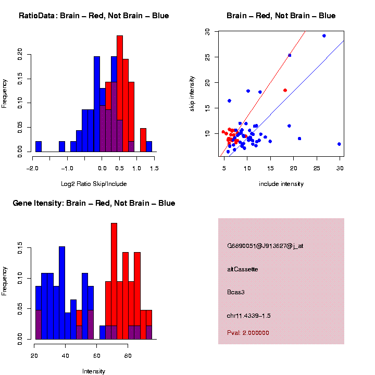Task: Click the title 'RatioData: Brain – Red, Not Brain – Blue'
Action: pos(94,16)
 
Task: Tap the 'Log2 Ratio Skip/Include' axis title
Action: pos(94,183)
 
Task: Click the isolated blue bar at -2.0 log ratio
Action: pos(39,146)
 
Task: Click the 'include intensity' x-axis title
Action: pos(281,184)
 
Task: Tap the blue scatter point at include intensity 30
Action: pos(339,144)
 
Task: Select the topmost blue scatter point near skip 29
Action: pos(324,36)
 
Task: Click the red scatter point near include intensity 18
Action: pos(285,90)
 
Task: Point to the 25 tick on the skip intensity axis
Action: pos(209,57)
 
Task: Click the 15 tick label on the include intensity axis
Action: pos(270,168)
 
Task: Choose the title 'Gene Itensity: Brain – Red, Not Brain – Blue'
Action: pos(94,203)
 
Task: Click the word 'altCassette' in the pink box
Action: pos(243,269)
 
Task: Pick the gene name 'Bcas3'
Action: pos(236,292)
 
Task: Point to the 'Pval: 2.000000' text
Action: pos(248,332)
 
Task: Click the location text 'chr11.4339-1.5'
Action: pos(249,316)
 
